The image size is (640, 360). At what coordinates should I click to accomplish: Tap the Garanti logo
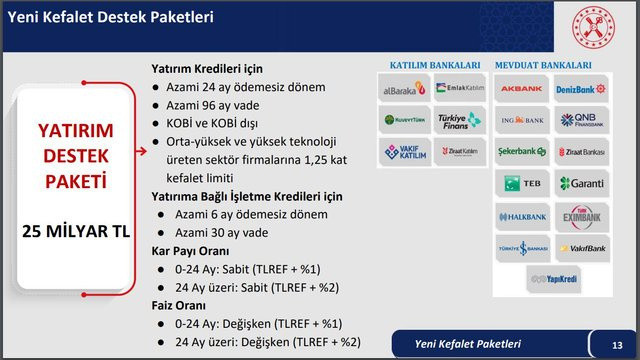tap(582, 183)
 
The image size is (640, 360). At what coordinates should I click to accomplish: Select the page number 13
tap(616, 345)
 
